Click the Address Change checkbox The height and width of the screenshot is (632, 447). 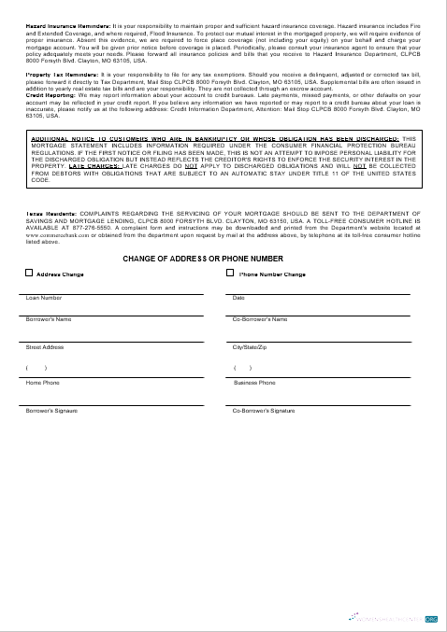coord(29,274)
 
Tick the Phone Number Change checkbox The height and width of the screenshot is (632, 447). coord(231,274)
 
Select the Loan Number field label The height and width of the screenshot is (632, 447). coord(44,298)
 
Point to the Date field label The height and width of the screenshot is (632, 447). coord(238,298)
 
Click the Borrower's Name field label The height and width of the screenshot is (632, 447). coord(49,319)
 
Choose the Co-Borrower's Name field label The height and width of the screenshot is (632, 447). coord(259,319)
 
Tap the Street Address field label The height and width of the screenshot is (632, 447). coord(45,346)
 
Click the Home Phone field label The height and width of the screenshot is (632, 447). coord(42,383)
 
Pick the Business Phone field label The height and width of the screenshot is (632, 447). coord(254,383)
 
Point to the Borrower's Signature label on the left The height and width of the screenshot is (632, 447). coord(51,411)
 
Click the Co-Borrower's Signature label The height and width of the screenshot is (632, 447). coord(263,411)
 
